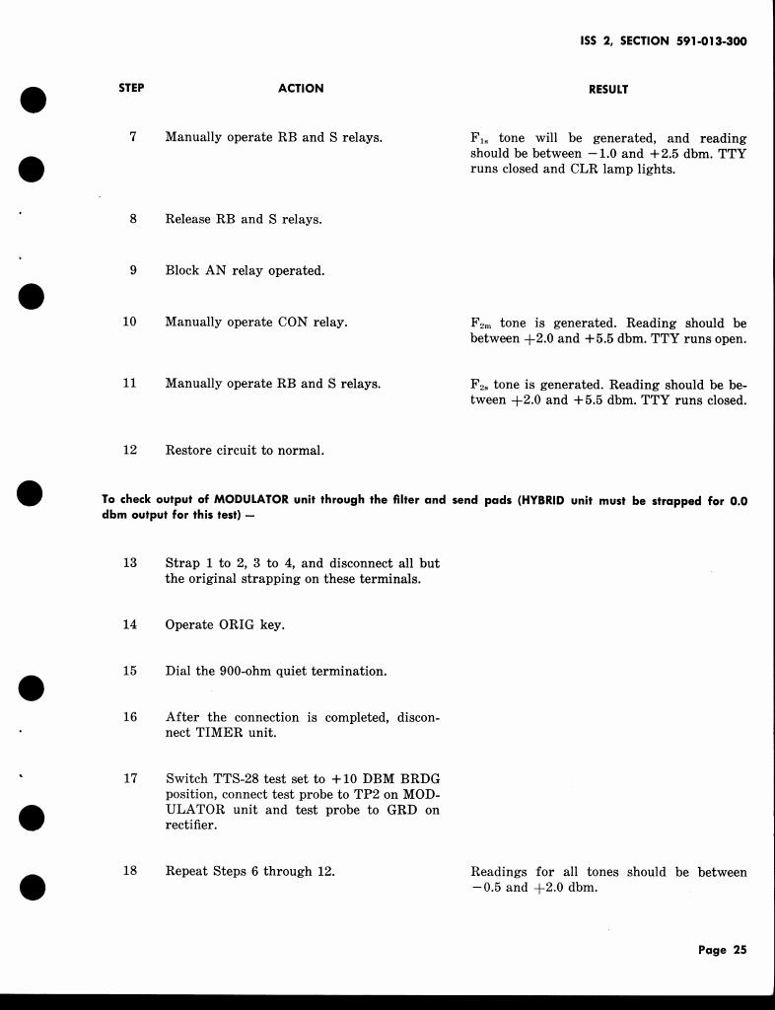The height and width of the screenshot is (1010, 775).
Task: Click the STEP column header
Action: [131, 88]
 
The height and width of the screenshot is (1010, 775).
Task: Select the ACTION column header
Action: [301, 88]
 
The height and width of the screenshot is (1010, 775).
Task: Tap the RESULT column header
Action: [608, 89]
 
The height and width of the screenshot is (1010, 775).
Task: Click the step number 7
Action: [132, 137]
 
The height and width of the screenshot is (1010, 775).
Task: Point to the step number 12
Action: [129, 450]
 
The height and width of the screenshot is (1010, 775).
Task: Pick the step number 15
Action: [129, 671]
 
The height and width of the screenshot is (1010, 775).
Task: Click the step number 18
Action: [129, 871]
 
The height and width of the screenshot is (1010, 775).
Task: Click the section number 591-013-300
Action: [710, 41]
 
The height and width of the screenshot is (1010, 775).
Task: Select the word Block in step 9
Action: [182, 270]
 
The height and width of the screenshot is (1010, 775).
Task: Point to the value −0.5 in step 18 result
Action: [486, 888]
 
